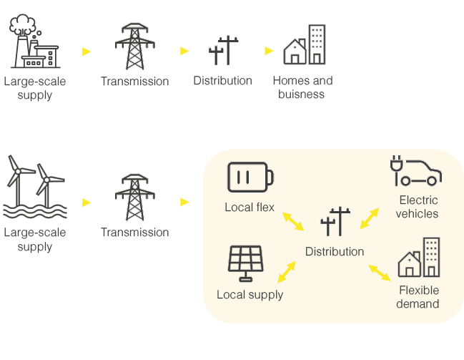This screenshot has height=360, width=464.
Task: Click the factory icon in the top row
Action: pyautogui.click(x=34, y=42)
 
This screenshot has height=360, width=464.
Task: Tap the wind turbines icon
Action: pyautogui.click(x=34, y=187)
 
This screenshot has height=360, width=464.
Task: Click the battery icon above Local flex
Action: pyautogui.click(x=250, y=177)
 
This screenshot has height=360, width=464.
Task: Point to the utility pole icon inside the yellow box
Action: pyautogui.click(x=335, y=223)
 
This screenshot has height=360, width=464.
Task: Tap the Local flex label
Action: pyautogui.click(x=250, y=208)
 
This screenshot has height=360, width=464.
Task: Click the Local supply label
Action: pyautogui.click(x=250, y=295)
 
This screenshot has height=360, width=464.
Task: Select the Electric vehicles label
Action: pyautogui.click(x=418, y=207)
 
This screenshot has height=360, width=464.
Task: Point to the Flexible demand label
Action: pyautogui.click(x=418, y=297)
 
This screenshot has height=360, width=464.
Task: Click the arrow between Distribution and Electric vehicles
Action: pyautogui.click(x=372, y=218)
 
